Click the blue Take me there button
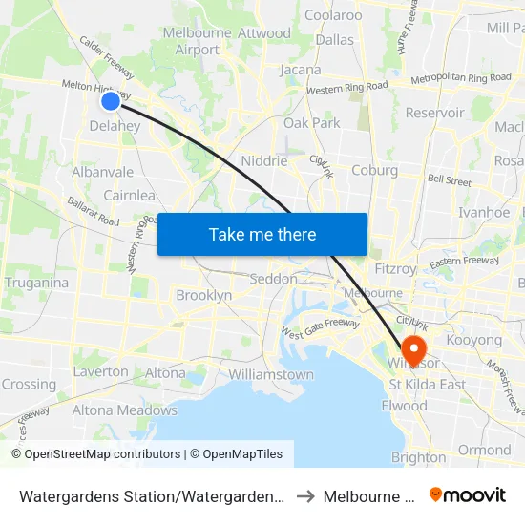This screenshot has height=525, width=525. click(262, 234)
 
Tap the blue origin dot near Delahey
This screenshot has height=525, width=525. click(111, 101)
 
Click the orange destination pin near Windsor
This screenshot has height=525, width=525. click(414, 347)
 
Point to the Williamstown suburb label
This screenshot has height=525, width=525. click(271, 374)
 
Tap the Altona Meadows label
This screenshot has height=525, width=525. click(125, 410)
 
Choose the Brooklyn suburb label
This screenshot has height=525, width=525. click(203, 296)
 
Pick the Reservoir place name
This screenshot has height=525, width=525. click(434, 113)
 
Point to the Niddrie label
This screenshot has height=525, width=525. click(264, 160)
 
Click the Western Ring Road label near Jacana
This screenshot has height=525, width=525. click(346, 88)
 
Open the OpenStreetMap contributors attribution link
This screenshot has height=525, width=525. click(102, 453)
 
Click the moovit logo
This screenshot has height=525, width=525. click(468, 494)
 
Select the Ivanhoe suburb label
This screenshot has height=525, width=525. click(484, 212)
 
